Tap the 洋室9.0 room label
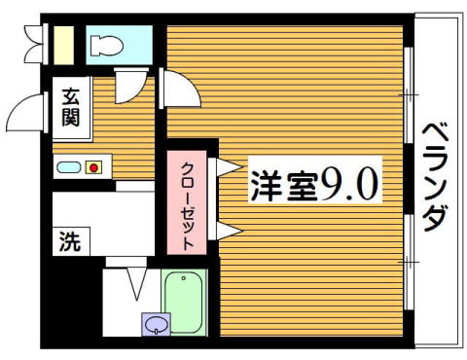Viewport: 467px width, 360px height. [x=315, y=185]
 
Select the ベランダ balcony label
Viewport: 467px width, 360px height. [x=436, y=178]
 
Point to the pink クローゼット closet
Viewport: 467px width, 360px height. [x=187, y=202]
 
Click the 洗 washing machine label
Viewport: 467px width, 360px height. [x=70, y=241]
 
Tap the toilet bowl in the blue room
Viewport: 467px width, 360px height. [x=107, y=46]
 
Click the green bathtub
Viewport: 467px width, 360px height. [x=184, y=302]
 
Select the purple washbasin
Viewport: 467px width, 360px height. [x=156, y=324]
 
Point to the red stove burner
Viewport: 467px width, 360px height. [x=93, y=167]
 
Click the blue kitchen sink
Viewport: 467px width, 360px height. [x=68, y=167]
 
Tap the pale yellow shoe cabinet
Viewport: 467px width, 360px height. [x=63, y=45]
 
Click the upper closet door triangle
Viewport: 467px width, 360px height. [x=229, y=167]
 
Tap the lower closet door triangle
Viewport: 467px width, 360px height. [x=229, y=231]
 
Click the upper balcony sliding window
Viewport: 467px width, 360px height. [x=410, y=95]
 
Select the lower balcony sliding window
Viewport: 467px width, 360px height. [x=410, y=262]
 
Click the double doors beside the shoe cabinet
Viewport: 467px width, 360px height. [x=34, y=44]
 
